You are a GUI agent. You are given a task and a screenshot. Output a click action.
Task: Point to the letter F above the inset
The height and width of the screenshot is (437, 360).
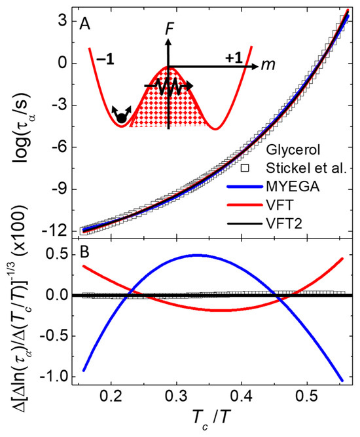169,28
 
